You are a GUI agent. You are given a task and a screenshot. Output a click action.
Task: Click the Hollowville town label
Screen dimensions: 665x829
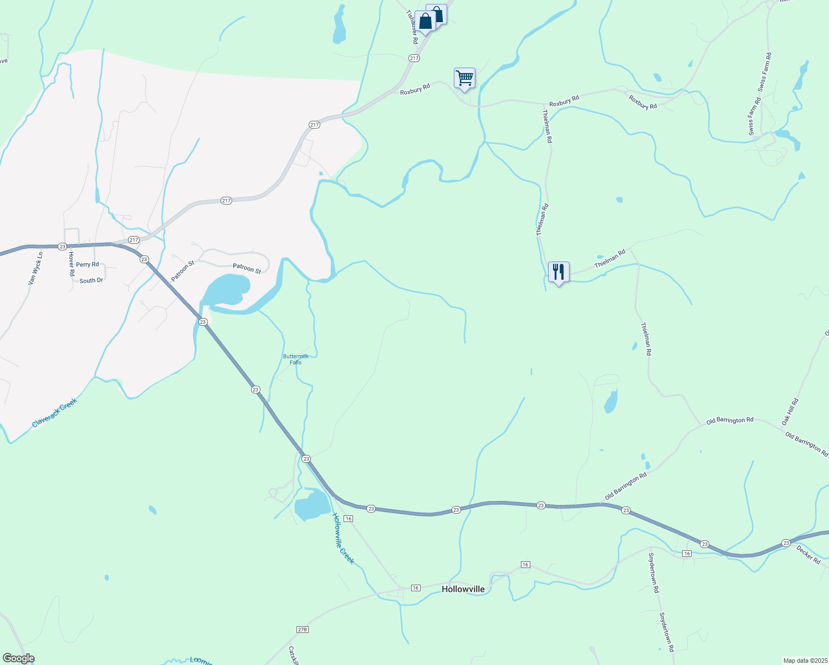pyautogui.click(x=463, y=589)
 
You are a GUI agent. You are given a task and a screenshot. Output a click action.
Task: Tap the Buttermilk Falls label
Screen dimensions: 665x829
pyautogui.click(x=295, y=359)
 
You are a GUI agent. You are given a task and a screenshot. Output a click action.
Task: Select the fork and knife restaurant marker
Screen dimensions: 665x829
pyautogui.click(x=559, y=272)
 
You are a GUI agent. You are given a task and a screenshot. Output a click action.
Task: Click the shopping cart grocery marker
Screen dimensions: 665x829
pyautogui.click(x=464, y=78)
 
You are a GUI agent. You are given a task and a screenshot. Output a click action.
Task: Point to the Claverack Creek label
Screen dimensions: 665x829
pyautogui.click(x=54, y=413)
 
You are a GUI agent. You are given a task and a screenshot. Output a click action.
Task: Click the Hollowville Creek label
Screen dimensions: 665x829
pyautogui.click(x=343, y=538)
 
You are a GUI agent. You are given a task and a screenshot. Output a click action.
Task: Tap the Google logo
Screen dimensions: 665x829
pyautogui.click(x=18, y=658)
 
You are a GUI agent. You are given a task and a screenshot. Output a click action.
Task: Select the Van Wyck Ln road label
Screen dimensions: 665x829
pyautogui.click(x=35, y=269)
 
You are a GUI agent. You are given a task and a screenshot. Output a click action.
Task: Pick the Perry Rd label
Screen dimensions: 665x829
pyautogui.click(x=88, y=264)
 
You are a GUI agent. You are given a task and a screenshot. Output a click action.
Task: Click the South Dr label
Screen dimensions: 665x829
pyautogui.click(x=91, y=280)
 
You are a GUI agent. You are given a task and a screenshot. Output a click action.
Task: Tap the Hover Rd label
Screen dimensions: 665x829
pyautogui.click(x=71, y=264)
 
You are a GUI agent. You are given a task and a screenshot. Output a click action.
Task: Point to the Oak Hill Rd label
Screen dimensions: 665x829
pyautogui.click(x=790, y=412)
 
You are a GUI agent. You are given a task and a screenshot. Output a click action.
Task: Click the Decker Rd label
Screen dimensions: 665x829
pyautogui.click(x=808, y=555)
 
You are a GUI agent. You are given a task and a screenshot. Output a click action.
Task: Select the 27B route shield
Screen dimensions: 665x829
pyautogui.click(x=302, y=630)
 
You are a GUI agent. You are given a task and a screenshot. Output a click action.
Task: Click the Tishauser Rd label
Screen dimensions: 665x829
pyautogui.click(x=411, y=27)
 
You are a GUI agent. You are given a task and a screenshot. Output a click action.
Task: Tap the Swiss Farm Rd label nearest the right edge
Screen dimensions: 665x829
pyautogui.click(x=764, y=72)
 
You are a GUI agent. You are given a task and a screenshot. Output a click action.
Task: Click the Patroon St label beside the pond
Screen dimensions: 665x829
pyautogui.click(x=247, y=268)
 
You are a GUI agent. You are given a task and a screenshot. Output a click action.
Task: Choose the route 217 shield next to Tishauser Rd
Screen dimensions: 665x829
pyautogui.click(x=414, y=58)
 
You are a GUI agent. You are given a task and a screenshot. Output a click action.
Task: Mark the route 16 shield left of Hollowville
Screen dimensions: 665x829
pyautogui.click(x=416, y=587)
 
